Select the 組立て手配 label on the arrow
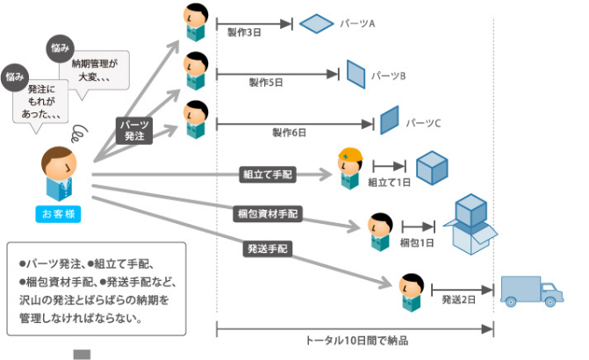coord(269,175)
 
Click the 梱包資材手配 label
coord(268,212)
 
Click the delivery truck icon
coord(532,292)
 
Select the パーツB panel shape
coord(356,74)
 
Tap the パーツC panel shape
coord(390,120)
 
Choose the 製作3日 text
coord(244,33)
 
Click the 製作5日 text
coord(266,83)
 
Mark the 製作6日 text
coord(289,132)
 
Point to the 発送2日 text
coord(458,299)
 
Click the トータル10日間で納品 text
coord(355,340)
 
